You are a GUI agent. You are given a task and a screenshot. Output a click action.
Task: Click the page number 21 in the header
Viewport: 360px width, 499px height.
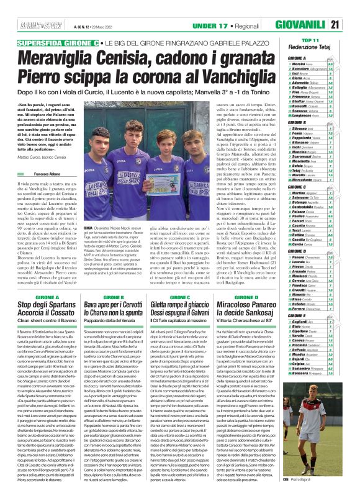(352, 8)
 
